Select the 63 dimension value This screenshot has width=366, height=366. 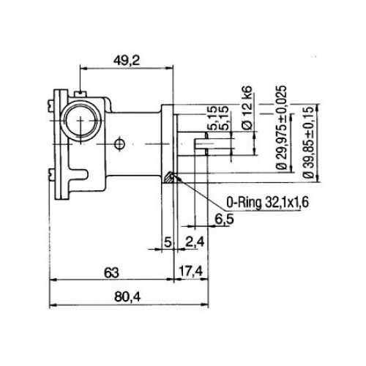point(110,272)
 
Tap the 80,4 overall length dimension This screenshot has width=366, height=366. point(110,297)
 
